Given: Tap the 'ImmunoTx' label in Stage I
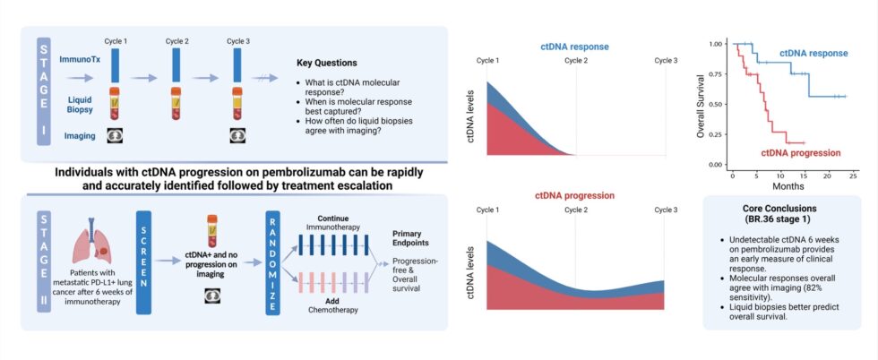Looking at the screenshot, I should pyautogui.click(x=79, y=58).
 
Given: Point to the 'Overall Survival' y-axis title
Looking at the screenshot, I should pyautogui.click(x=701, y=104).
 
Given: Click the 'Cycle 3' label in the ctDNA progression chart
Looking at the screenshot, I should pyautogui.click(x=664, y=210).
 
